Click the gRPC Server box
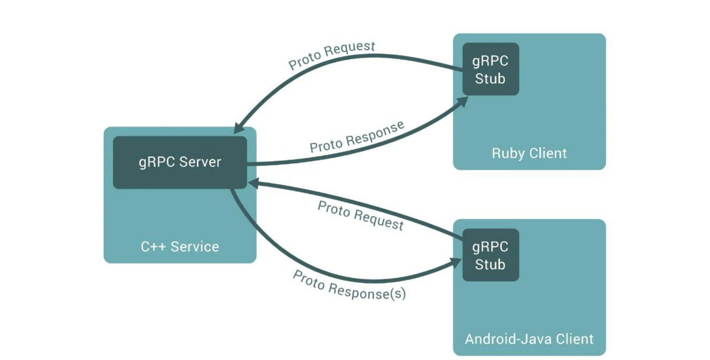180,162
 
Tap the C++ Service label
180,247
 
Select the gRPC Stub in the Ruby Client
490,69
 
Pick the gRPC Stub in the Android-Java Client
490,255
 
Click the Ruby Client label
529,153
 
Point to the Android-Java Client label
529,339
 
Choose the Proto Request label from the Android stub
361,215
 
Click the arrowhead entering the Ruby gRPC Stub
463,101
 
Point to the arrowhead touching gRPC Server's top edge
239,128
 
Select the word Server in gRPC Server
200,162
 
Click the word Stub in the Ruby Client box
490,79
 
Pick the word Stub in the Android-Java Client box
490,265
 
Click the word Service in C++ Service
195,247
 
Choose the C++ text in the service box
153,247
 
